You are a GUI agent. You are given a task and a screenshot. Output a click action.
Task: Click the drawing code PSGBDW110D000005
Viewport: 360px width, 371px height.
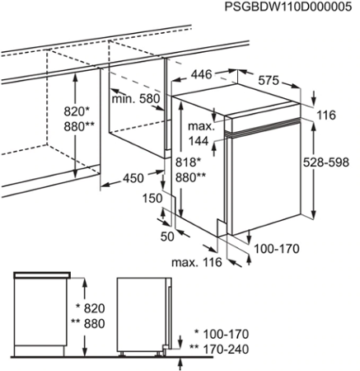(x=288, y=7)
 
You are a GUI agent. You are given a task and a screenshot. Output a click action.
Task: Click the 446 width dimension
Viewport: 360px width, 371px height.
(x=202, y=74)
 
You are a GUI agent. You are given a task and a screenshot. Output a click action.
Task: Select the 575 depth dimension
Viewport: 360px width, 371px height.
(x=269, y=81)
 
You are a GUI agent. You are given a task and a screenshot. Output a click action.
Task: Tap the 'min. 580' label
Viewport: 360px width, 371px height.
(x=136, y=98)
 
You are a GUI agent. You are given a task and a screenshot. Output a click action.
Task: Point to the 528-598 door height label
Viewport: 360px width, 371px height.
(x=326, y=162)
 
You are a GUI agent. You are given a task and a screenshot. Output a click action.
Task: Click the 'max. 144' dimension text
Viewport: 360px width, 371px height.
(x=202, y=134)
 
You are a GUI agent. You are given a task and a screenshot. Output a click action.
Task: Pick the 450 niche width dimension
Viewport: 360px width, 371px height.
(x=133, y=178)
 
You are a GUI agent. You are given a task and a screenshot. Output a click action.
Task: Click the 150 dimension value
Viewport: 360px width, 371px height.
(x=152, y=198)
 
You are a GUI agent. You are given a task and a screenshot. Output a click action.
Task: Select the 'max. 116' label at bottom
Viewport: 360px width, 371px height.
(x=197, y=262)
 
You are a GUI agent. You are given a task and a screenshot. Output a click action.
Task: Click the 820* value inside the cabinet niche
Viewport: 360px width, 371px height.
(x=77, y=111)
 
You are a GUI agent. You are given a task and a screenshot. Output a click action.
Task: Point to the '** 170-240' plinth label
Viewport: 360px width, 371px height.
(x=219, y=350)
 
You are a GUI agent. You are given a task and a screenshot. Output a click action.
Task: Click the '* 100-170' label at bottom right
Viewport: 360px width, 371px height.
(x=222, y=335)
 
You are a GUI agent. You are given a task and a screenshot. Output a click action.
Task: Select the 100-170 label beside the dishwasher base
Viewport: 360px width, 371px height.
(x=277, y=249)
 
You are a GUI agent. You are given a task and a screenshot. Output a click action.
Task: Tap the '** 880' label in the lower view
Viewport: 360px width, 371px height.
(x=88, y=323)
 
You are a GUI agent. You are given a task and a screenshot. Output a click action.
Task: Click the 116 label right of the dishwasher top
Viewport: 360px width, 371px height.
(x=327, y=115)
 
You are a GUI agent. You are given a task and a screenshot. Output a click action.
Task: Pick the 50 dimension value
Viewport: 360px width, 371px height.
(x=167, y=237)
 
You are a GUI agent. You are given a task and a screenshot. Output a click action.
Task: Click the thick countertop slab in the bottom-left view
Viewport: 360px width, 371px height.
(x=42, y=275)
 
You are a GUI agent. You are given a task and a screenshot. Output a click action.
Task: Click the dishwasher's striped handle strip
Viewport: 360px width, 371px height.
(x=263, y=126)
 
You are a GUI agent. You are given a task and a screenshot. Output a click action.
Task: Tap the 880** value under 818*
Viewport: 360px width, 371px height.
(x=190, y=177)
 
